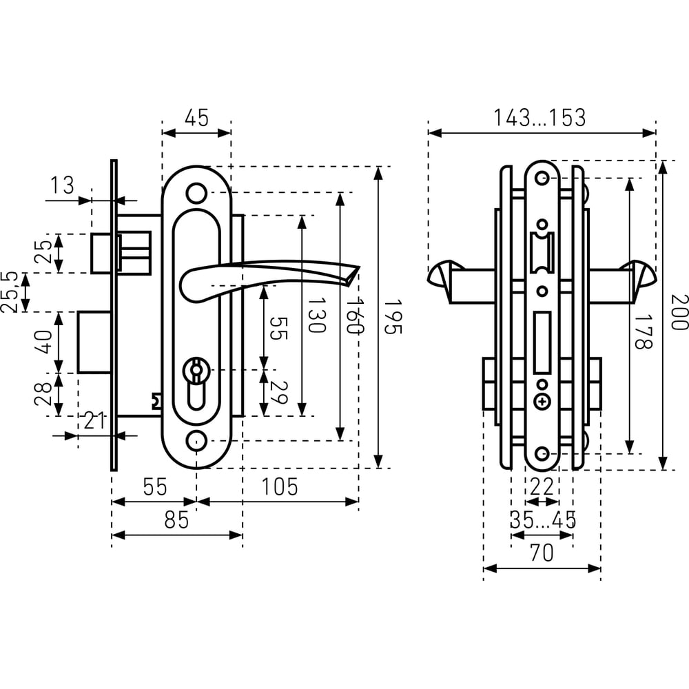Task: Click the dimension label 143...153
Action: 539,117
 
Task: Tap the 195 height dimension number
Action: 393,317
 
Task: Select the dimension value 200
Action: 679,312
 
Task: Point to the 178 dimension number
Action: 644,331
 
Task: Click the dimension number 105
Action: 280,487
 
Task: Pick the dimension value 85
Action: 176,520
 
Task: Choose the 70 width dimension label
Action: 542,553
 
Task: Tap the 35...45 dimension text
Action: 543,520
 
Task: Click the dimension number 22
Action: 542,487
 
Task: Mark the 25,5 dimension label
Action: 9,291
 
